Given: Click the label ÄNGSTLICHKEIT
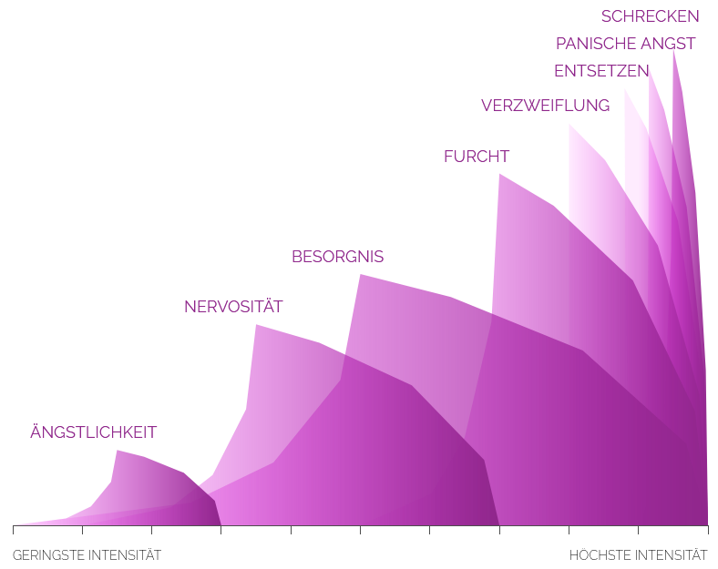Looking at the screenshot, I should point(93,432).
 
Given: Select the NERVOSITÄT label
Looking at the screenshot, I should point(233,307).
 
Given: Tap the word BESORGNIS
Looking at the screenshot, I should point(337,257).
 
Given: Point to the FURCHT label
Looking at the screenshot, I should point(476,157).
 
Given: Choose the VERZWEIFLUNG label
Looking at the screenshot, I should point(545,106).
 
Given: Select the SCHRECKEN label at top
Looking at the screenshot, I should point(650,16).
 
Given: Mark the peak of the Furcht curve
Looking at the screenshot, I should point(499,174).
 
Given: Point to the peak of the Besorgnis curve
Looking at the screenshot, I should point(361,275).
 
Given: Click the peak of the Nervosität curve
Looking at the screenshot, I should point(256,325).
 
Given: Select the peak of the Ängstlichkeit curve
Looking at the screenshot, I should point(117,451).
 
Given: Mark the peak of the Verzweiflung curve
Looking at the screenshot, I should point(569,125).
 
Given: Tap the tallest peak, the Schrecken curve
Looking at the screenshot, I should point(673,51).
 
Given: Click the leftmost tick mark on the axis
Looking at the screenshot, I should point(13,529).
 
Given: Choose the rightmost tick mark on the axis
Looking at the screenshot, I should point(707,529).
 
